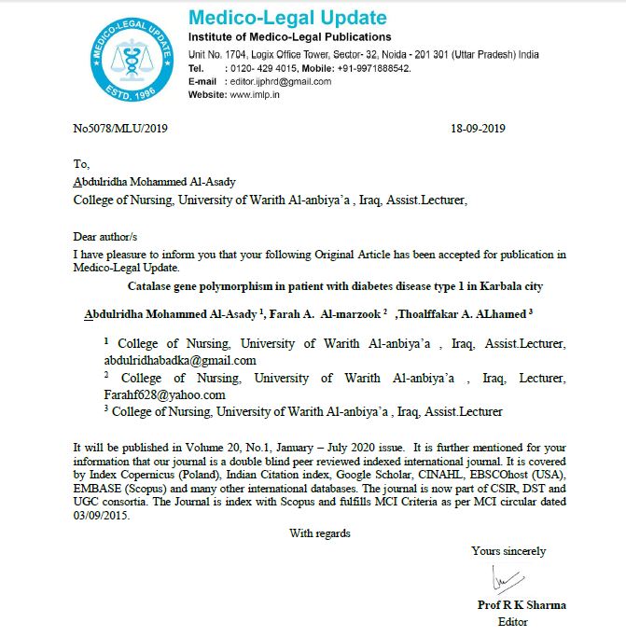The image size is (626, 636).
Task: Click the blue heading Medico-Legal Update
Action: point(286,18)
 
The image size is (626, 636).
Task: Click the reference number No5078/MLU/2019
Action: point(121,129)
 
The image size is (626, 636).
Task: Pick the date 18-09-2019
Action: point(478,129)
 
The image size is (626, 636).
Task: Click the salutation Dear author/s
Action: point(110,237)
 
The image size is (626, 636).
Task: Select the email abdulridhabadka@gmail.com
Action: point(180,360)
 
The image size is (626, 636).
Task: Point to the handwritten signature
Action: point(504,583)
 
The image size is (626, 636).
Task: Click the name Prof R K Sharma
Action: point(522,604)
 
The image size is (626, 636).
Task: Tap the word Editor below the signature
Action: point(513,621)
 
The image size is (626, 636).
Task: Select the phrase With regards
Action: point(320,533)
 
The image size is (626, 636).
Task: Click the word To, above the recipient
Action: point(82,164)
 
